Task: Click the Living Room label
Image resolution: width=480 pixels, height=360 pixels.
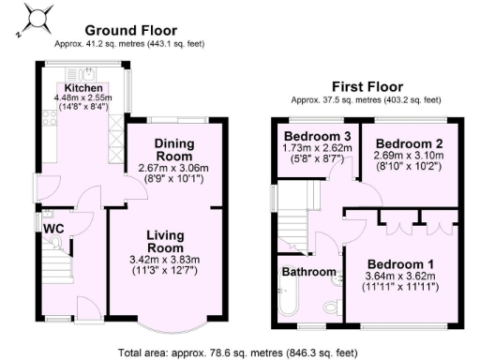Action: click(171, 241)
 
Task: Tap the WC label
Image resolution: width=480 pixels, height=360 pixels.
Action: click(52, 226)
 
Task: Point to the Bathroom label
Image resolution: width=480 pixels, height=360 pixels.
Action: click(308, 272)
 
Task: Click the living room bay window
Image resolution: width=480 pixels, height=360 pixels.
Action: click(171, 324)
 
